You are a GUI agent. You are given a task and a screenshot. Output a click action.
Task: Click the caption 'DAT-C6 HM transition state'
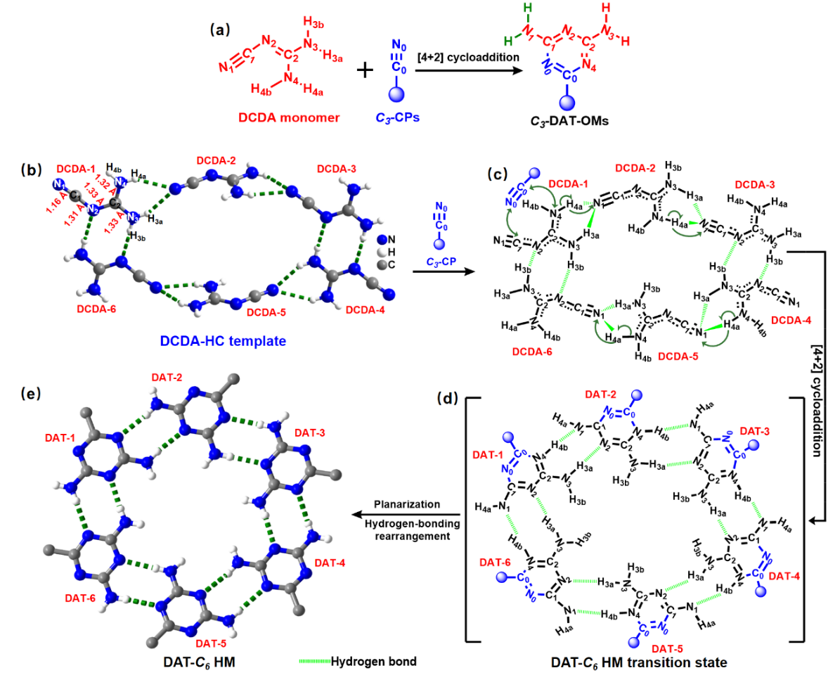pos(638,662)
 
